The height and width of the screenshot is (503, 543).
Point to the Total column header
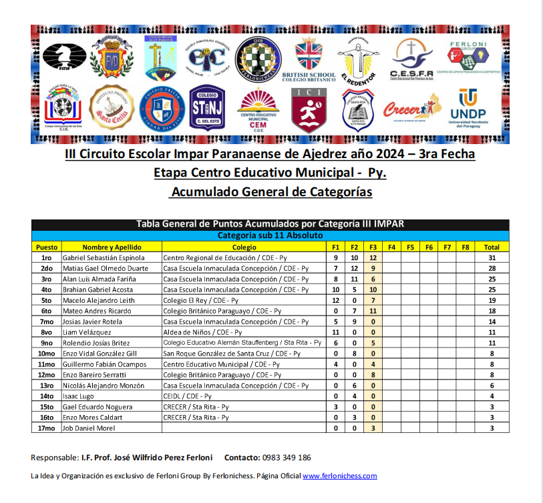click(492, 247)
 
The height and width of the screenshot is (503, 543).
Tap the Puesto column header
click(46, 247)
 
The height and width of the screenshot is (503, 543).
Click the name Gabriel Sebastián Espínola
click(103, 258)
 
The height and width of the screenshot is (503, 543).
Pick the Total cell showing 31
click(492, 258)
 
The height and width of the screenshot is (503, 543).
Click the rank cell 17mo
click(46, 428)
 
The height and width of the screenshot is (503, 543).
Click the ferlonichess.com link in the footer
click(340, 476)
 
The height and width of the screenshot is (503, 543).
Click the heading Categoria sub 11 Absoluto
click(270, 236)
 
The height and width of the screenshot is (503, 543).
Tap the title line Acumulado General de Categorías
click(270, 192)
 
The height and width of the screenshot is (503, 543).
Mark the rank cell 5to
click(46, 300)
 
